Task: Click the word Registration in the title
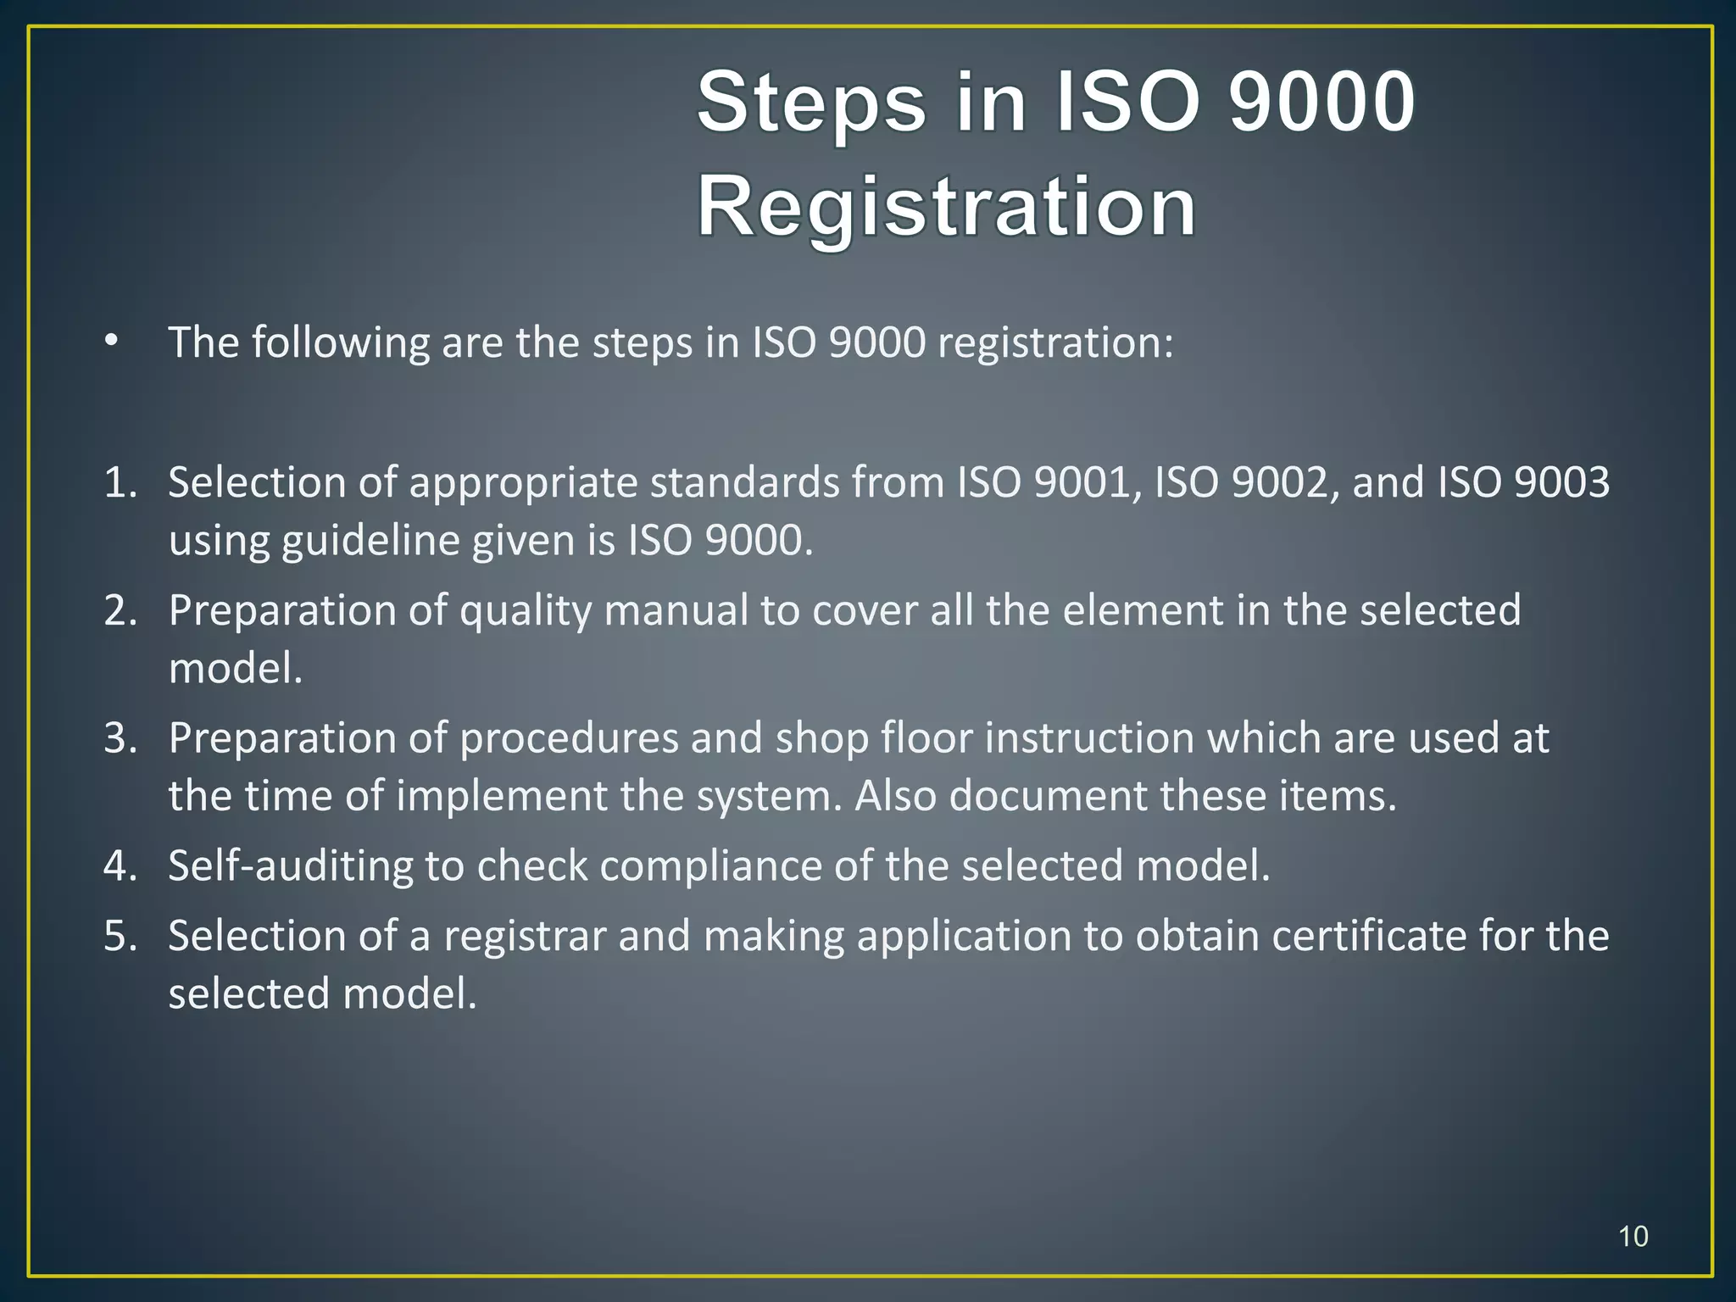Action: click(x=946, y=206)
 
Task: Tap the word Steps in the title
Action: click(x=811, y=103)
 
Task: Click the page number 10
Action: click(x=1633, y=1236)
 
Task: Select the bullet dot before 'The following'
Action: click(x=111, y=342)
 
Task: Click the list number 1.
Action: click(x=120, y=482)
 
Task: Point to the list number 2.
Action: click(x=120, y=610)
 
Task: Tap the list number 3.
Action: click(x=120, y=738)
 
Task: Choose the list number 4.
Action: click(x=120, y=866)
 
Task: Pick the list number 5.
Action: click(x=120, y=937)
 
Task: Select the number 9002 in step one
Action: click(x=1283, y=482)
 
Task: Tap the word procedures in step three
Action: click(x=569, y=738)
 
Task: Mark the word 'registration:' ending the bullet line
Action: click(x=1055, y=343)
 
